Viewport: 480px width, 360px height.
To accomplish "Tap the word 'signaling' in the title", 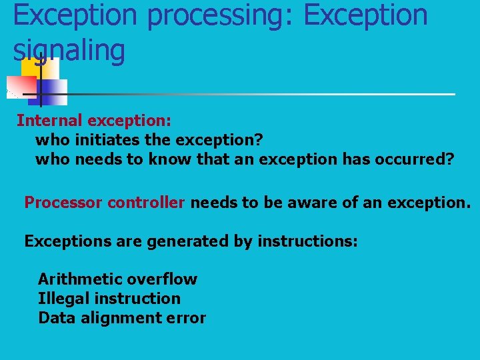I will [69, 51].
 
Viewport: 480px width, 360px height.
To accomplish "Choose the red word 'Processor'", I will [63, 203].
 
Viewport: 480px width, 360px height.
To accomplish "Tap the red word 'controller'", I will [146, 203].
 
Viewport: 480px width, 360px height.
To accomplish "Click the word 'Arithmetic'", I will [80, 279].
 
